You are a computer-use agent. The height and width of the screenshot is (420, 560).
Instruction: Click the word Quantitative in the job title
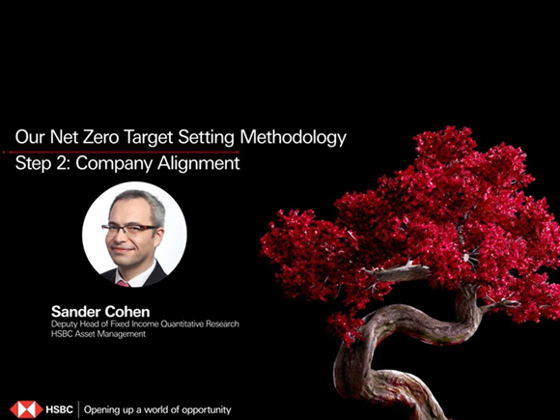pos(178,324)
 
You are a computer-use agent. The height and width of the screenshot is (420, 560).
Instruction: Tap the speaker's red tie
pos(125,282)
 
